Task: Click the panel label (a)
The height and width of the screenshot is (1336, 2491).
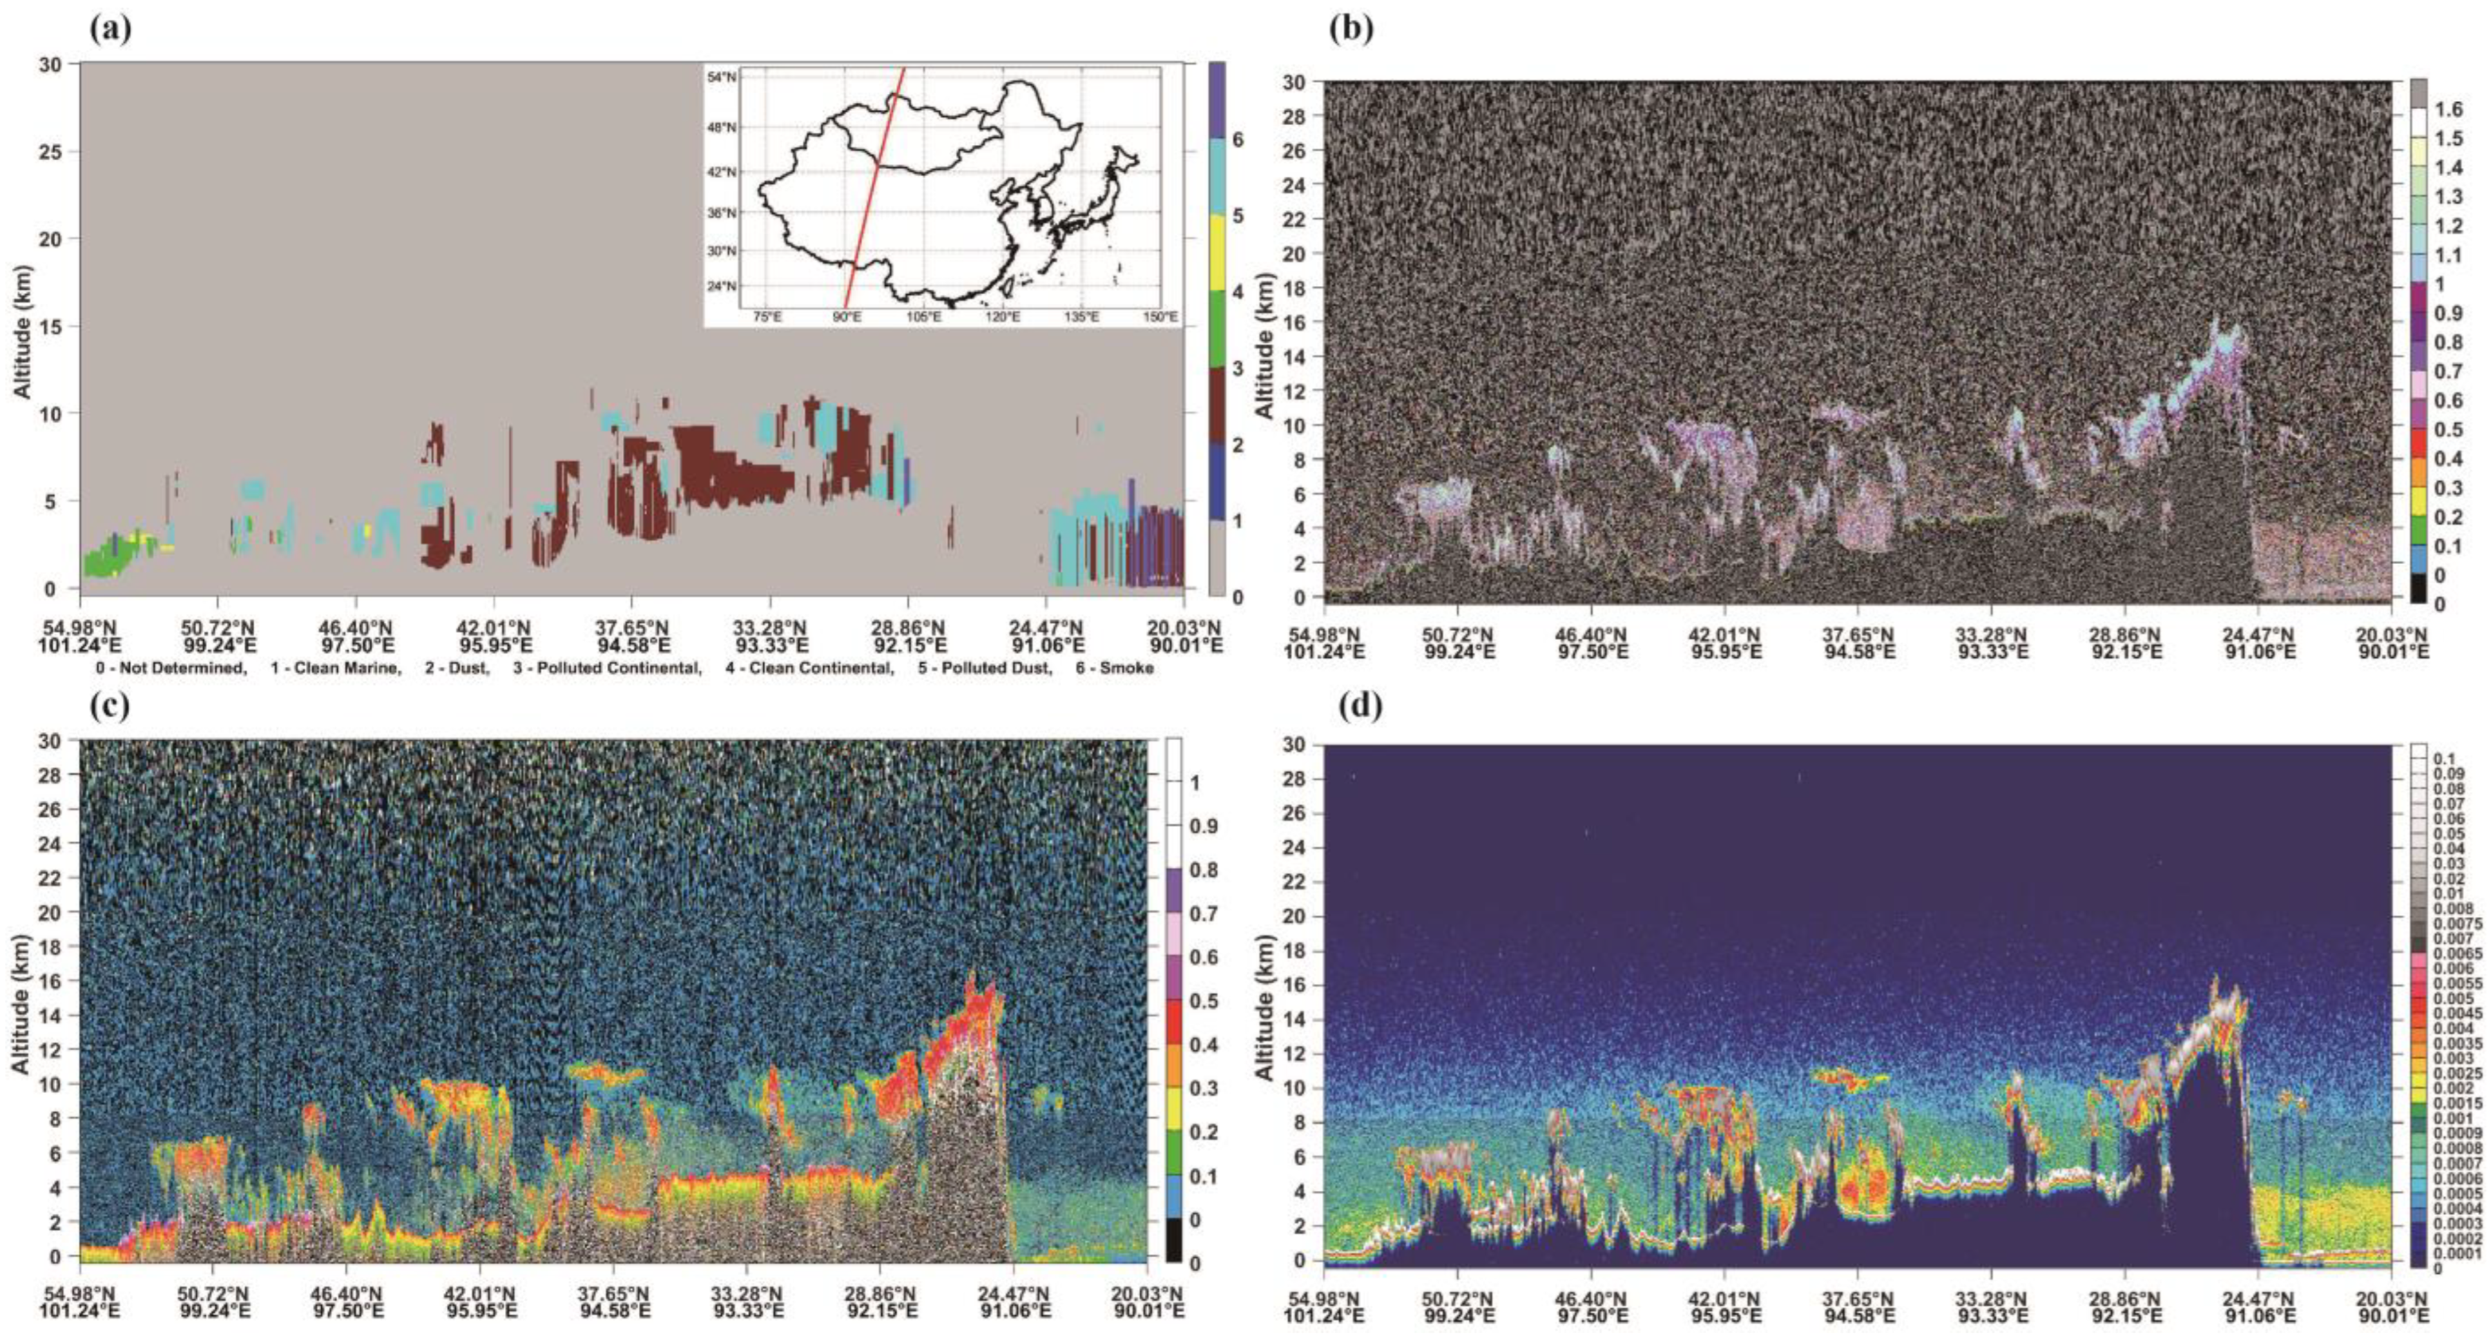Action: (110, 28)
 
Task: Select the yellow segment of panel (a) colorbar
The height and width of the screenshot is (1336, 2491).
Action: (1218, 253)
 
